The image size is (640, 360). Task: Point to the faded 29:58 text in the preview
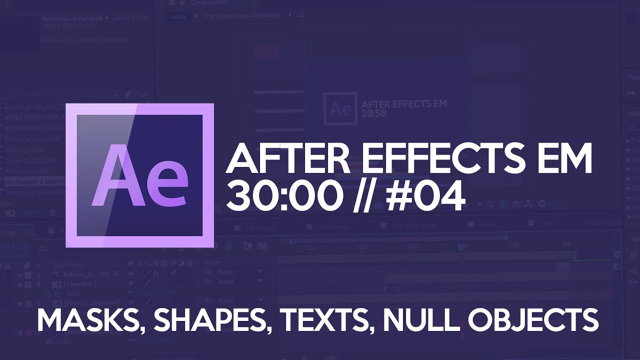tap(374, 113)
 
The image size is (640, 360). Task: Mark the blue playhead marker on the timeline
tap(460, 247)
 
